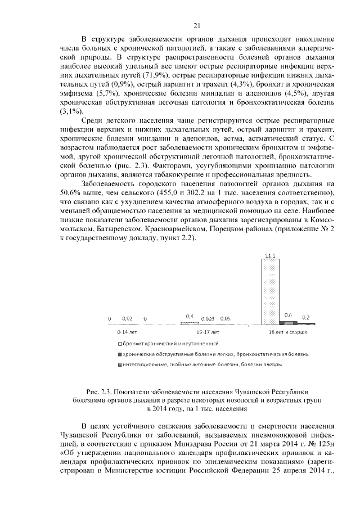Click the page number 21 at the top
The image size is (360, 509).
[197, 25]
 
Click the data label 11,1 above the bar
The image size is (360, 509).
[271, 255]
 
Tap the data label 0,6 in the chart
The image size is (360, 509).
[288, 315]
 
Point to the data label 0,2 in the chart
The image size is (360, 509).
[305, 318]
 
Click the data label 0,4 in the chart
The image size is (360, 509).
[190, 316]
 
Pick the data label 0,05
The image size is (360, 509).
[225, 319]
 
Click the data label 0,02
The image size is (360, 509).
[127, 319]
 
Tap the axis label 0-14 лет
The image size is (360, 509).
[127, 333]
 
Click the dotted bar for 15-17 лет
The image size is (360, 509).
[190, 323]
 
